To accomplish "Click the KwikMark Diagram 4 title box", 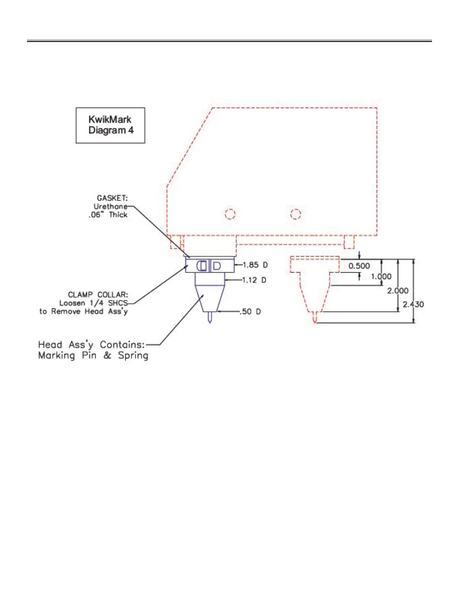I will coord(110,125).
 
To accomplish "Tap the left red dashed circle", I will coord(230,214).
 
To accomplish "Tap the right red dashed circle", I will coord(295,214).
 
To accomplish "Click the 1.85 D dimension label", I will coord(255,265).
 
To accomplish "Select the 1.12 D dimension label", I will coord(254,280).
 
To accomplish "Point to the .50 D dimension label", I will coord(250,312).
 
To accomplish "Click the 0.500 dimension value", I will coord(359,266).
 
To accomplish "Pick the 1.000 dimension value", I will coord(381,277).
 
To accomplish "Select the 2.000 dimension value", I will coord(397,291).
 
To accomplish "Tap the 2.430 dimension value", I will coord(413,304).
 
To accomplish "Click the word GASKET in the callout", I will coord(112,198).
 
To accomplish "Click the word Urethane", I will coord(110,206).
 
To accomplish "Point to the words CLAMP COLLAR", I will coord(97,295).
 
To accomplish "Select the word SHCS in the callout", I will coord(118,303).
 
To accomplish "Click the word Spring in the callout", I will coord(133,355).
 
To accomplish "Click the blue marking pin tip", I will coord(210,318).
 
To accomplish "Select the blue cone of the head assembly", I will coord(210,298).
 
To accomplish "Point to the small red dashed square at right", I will coord(349,242).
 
